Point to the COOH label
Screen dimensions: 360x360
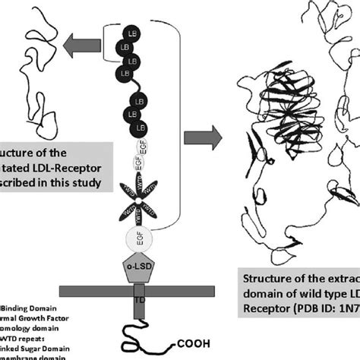pyautogui.click(x=194, y=341)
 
